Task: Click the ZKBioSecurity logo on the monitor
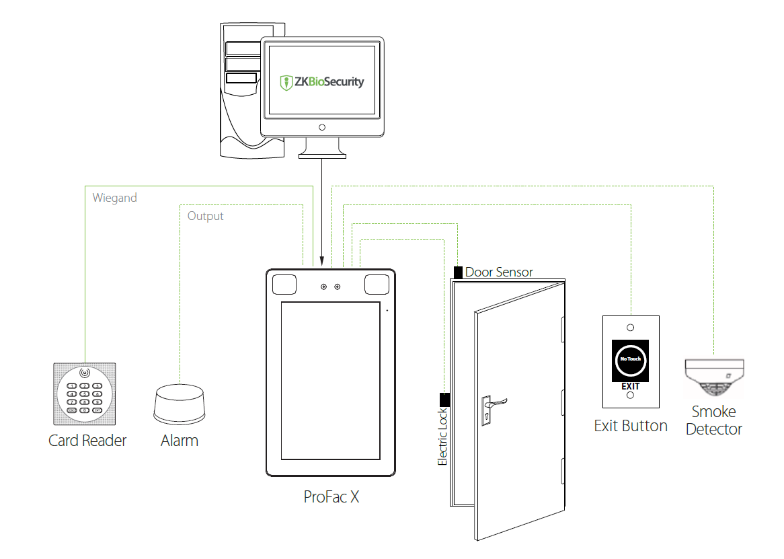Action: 322,82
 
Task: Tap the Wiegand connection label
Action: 115,198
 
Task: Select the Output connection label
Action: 205,216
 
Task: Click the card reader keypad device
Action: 85,394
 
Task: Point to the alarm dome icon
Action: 179,404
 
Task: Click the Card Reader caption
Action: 87,441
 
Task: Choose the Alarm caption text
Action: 180,441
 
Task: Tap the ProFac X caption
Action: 331,497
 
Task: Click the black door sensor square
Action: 458,272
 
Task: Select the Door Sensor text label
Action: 499,272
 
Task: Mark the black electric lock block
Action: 444,400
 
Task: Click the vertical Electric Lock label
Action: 443,437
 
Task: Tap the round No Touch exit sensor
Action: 630,359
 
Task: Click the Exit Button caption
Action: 631,426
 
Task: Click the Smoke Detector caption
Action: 714,420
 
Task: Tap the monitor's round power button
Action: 322,127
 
